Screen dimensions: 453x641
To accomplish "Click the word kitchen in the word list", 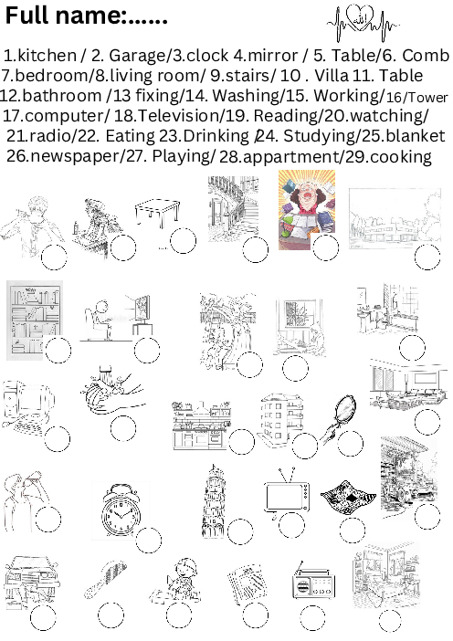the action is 47,55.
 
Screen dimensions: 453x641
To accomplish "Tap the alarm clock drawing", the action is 121,510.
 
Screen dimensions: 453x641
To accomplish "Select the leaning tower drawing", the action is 213,501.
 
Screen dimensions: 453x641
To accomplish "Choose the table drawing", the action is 157,212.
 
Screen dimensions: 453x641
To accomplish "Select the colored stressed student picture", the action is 307,209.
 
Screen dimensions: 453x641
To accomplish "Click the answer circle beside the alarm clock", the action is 149,541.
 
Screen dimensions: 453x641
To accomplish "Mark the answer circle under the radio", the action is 312,617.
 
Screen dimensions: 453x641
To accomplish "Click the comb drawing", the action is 105,580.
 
